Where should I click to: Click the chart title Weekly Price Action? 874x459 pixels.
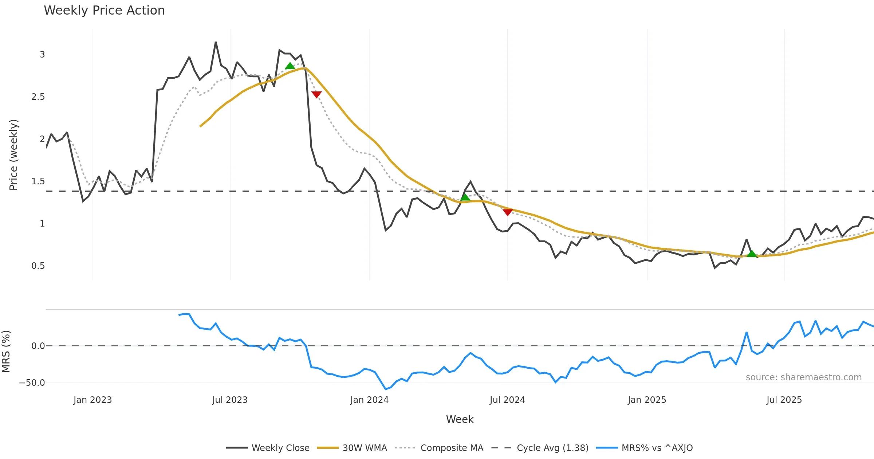pos(104,11)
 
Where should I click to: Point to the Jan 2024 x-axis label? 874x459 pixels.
pos(369,400)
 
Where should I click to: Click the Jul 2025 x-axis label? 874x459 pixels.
pos(784,400)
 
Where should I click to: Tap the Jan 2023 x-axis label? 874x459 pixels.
pos(92,400)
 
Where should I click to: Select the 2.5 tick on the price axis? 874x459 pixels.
pos(38,97)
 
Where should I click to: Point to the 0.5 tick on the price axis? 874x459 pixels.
pos(38,266)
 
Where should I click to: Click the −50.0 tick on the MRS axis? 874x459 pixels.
pos(32,383)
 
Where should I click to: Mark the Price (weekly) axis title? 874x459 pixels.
pos(13,155)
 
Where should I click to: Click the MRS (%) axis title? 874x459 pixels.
pos(6,352)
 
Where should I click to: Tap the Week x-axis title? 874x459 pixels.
pos(460,420)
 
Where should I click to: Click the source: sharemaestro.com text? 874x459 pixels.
pos(803,377)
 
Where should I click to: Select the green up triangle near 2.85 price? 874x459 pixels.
pos(290,66)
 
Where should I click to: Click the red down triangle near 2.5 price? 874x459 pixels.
pos(316,94)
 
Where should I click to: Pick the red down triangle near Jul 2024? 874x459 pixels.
pos(507,212)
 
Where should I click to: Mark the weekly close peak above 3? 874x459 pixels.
pos(216,42)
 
